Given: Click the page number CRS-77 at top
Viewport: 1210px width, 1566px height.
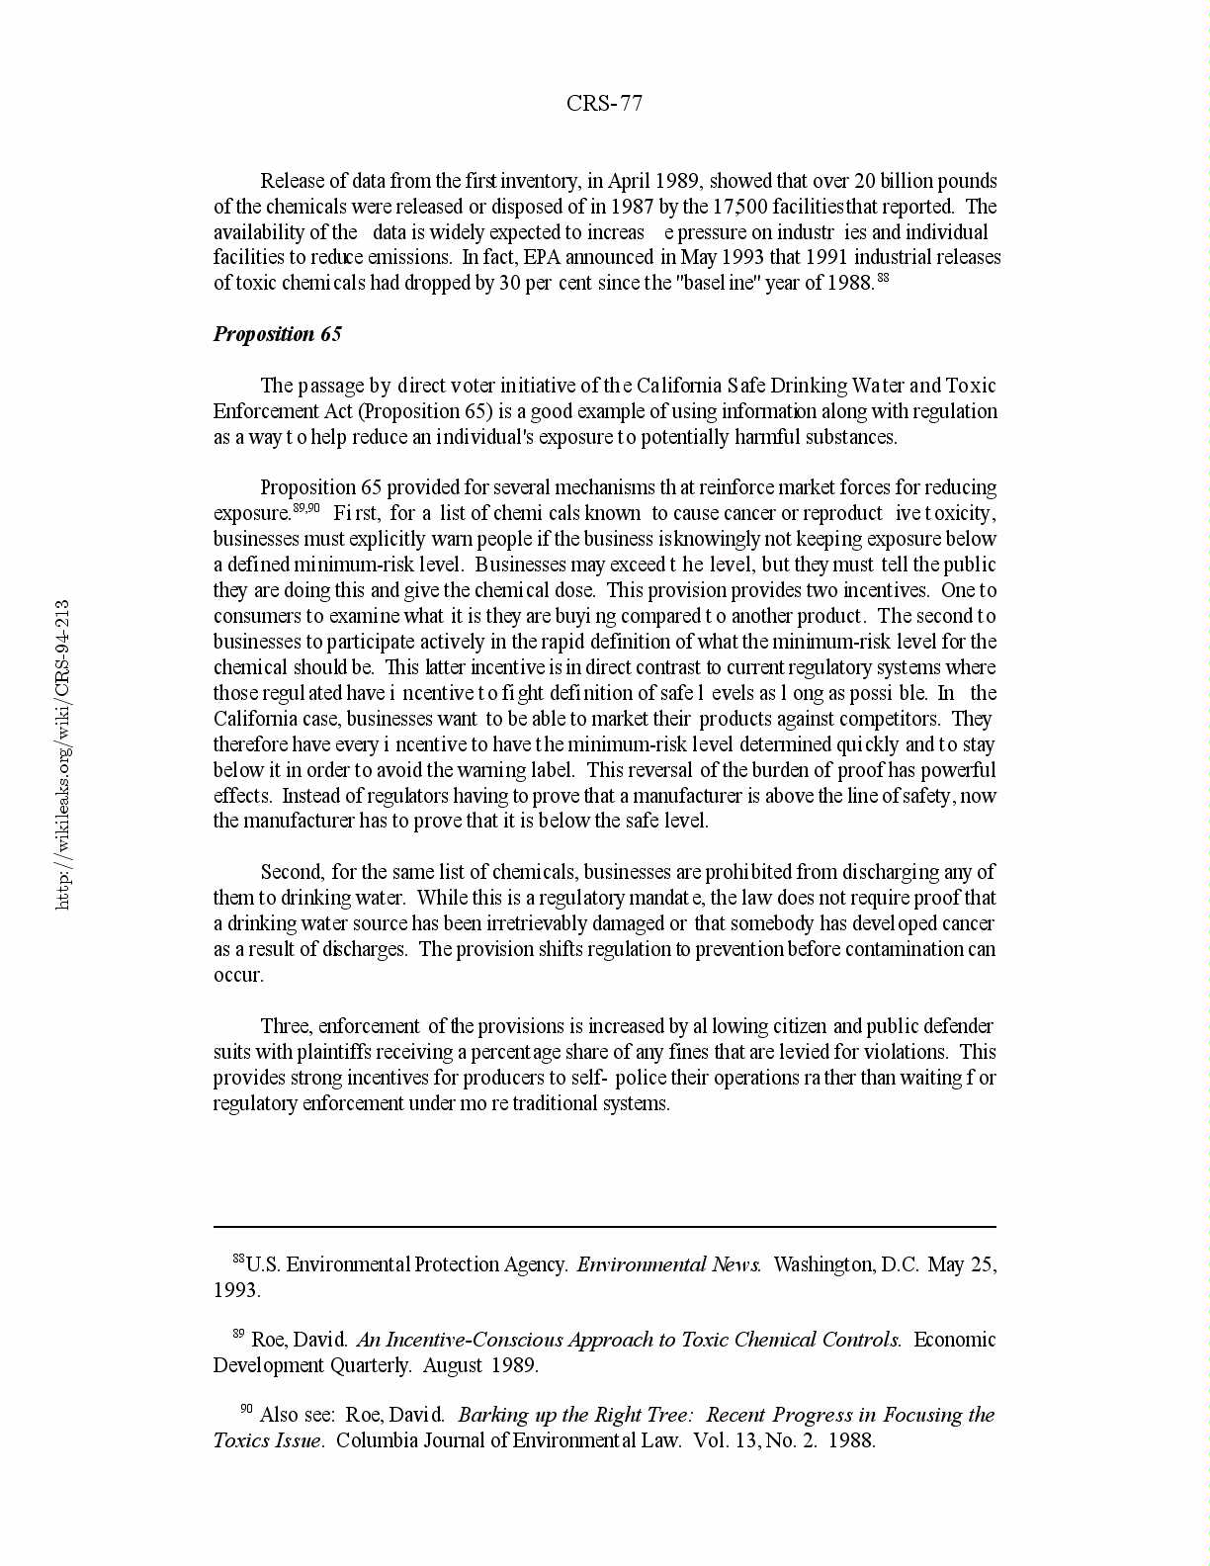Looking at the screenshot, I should coord(604,104).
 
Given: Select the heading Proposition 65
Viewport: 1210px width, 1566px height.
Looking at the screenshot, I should coord(278,334).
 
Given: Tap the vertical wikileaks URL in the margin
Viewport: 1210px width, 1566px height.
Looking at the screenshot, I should coord(62,753).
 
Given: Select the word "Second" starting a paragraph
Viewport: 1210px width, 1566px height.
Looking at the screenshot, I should coord(291,872).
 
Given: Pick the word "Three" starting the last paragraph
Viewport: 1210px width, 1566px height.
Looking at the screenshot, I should coord(286,1026).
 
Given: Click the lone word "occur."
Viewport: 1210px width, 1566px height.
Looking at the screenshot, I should coord(238,975).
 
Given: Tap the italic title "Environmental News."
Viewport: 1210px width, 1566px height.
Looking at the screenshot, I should coord(669,1264).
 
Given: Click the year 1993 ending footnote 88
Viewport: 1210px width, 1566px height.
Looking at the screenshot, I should coord(236,1290).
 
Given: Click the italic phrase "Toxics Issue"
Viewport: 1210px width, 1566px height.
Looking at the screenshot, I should coord(268,1440).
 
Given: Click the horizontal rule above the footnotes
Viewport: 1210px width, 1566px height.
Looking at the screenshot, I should coord(604,1227).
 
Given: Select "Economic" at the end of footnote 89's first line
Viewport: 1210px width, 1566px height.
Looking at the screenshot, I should coord(954,1340).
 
